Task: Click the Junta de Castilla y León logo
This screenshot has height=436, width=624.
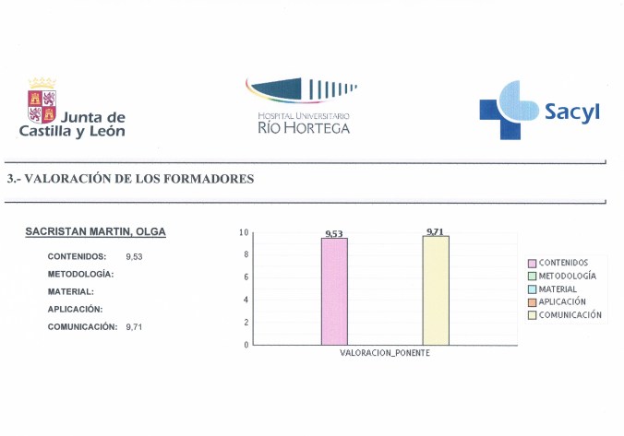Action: point(71,109)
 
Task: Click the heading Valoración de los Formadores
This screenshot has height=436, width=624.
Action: point(130,179)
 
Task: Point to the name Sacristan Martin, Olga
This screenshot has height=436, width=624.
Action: point(96,231)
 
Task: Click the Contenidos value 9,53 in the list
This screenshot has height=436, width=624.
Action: point(134,256)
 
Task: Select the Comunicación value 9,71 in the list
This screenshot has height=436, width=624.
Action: point(134,327)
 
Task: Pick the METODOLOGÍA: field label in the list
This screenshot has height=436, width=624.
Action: point(80,275)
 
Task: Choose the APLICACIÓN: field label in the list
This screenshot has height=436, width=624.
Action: point(75,309)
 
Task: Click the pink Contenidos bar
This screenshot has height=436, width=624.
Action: point(334,291)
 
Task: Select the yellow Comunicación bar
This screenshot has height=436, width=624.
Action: point(436,290)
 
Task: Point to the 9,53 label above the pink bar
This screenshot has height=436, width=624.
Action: point(334,234)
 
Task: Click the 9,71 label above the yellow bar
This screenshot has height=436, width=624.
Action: point(436,231)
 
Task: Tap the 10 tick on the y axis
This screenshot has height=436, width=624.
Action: point(244,232)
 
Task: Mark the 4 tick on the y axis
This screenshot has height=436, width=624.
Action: point(246,300)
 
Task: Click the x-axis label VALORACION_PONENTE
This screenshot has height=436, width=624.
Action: point(385,353)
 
